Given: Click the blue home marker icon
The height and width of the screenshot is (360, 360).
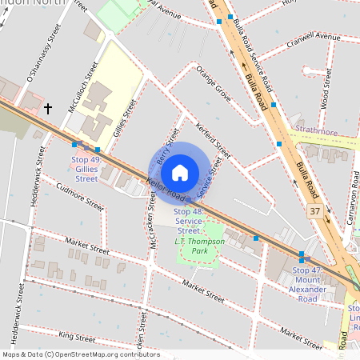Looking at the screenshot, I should (180, 173).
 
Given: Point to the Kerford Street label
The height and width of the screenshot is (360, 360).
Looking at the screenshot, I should (213, 138).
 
